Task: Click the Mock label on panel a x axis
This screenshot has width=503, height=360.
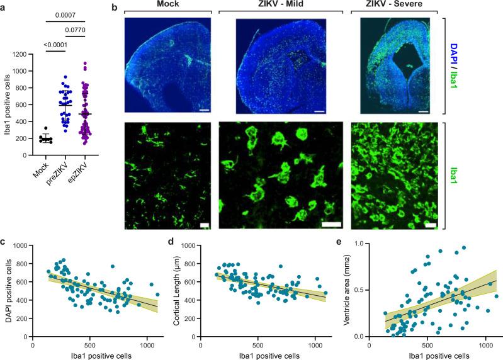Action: (x=41, y=168)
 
